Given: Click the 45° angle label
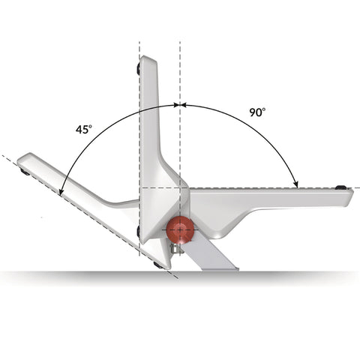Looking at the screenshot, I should (84, 129).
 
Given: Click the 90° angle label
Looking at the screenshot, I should (258, 112).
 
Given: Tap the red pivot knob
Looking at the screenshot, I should (180, 230).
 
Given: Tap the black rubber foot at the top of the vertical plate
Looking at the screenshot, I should (139, 69).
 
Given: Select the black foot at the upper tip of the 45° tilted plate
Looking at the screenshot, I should (25, 172).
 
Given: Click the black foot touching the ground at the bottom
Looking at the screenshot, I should (157, 265).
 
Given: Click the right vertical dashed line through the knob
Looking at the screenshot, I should (180, 75).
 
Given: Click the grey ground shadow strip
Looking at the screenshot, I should (300, 276).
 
